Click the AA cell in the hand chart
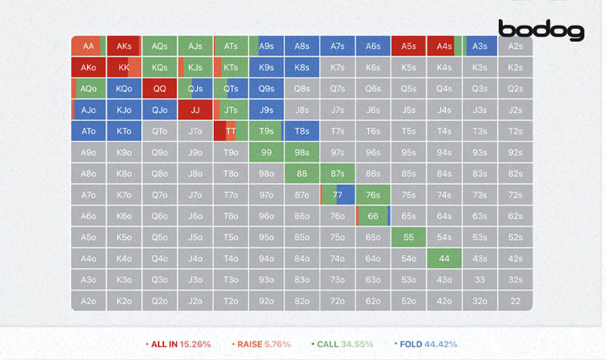click(88, 46)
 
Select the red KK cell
click(124, 67)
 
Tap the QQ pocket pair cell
click(159, 89)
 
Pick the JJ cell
click(195, 110)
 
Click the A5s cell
click(408, 46)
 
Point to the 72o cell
click(337, 301)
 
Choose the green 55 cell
click(408, 237)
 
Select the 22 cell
click(515, 301)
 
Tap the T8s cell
click(302, 131)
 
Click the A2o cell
click(88, 301)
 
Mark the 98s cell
click(302, 152)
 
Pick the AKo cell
click(88, 67)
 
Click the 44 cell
click(444, 258)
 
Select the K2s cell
click(515, 67)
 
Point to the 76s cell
click(373, 194)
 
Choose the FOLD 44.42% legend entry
click(426, 344)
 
